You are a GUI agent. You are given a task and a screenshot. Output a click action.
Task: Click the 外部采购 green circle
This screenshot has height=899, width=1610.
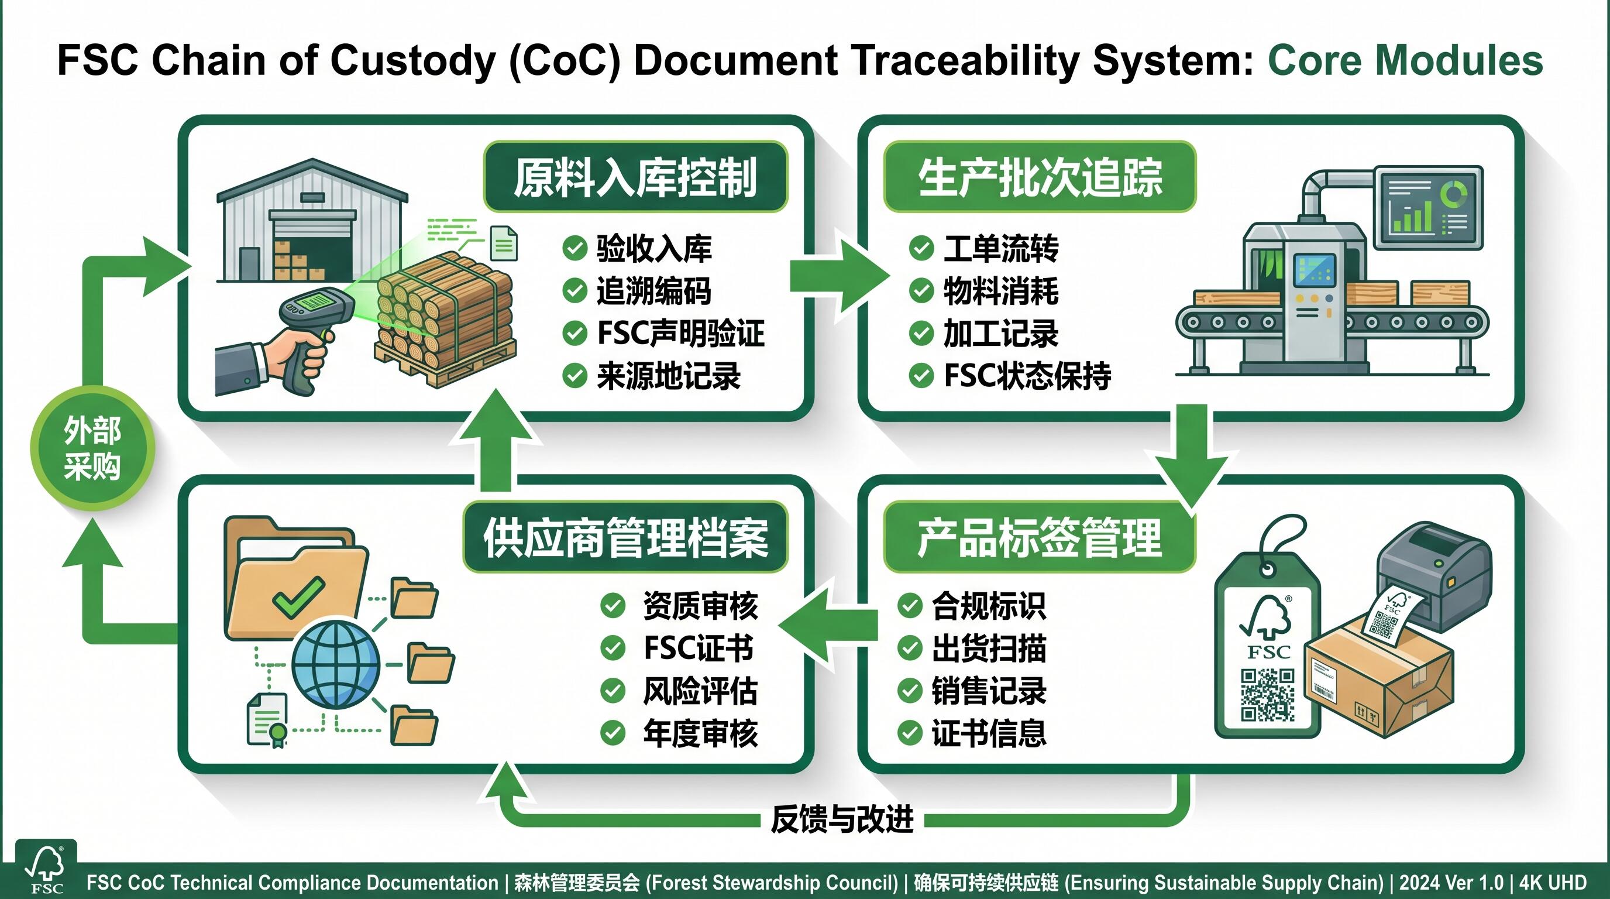point(92,448)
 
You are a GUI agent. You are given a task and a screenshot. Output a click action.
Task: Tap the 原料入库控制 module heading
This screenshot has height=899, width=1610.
point(635,177)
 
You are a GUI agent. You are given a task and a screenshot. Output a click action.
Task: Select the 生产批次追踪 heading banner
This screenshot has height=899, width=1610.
point(1040,177)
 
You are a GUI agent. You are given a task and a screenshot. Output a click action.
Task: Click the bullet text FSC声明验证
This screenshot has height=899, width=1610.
point(680,333)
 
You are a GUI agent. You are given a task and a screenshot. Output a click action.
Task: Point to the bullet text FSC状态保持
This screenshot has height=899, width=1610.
point(1027,376)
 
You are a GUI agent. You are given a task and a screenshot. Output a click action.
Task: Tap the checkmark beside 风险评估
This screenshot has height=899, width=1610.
point(613,691)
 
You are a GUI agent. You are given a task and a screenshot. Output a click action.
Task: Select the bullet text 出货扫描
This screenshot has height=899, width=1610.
point(989,648)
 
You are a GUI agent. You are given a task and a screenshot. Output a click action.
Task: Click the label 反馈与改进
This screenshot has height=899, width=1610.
point(842,819)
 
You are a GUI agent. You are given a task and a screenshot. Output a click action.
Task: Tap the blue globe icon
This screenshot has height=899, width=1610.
point(336,664)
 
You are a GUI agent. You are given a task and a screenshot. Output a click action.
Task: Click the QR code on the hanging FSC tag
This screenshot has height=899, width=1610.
point(1267,695)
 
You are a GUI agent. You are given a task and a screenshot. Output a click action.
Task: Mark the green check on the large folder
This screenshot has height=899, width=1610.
point(299,596)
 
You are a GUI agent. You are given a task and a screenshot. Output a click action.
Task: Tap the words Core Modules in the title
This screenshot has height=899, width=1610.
point(1405,61)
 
